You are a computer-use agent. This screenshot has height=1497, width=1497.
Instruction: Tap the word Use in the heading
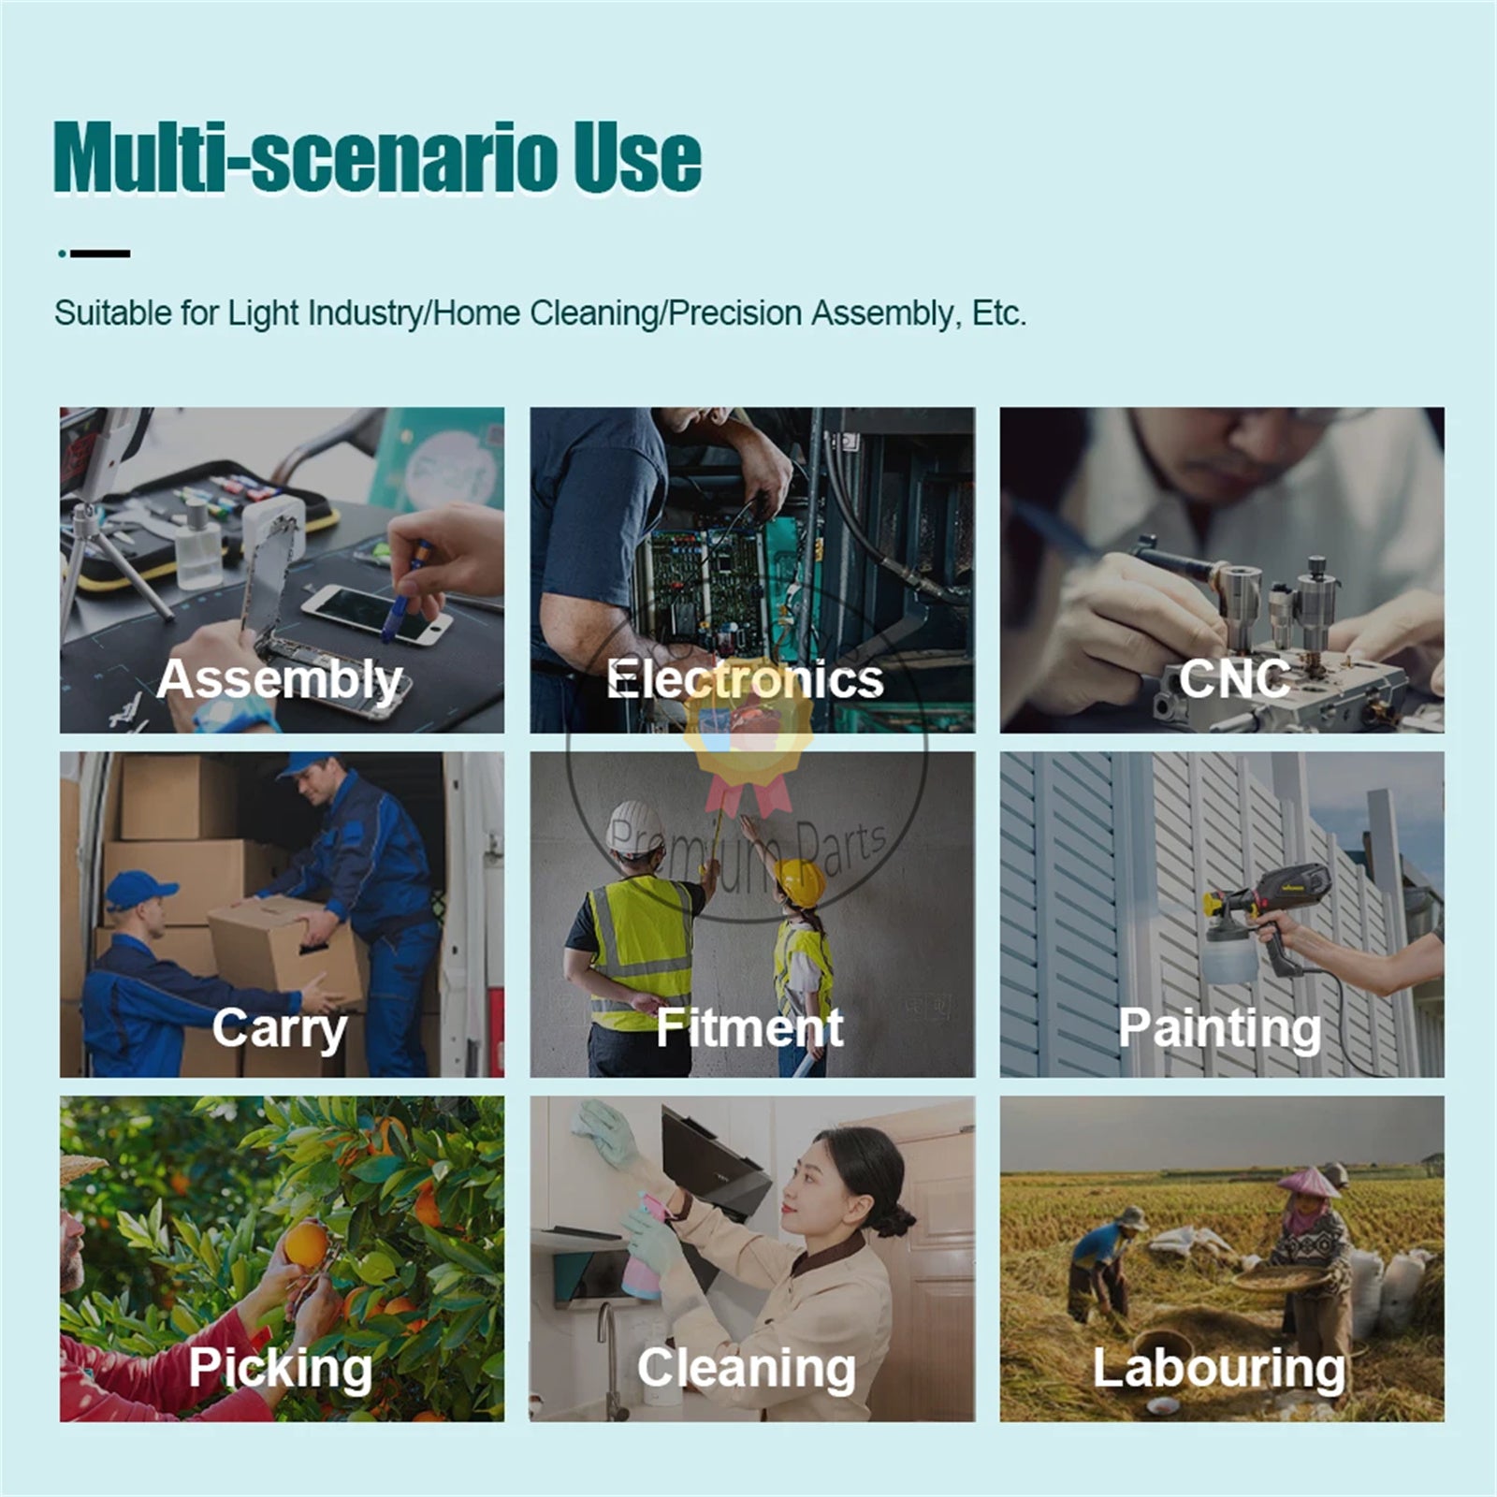(x=637, y=157)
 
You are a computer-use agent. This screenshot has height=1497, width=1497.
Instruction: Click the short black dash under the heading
(x=100, y=254)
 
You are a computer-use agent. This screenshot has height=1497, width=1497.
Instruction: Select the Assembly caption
(x=280, y=679)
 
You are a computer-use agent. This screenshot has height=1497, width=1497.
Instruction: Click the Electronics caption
(x=745, y=679)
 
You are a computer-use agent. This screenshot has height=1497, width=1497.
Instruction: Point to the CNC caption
(x=1234, y=679)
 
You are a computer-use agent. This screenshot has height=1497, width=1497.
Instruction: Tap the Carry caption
(x=279, y=1030)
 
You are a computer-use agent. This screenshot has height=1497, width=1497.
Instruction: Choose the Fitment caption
(x=749, y=1028)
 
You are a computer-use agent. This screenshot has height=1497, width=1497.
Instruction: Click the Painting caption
(x=1220, y=1030)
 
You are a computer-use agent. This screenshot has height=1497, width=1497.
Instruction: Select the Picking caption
(x=280, y=1370)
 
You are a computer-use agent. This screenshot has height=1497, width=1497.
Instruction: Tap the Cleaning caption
(x=747, y=1370)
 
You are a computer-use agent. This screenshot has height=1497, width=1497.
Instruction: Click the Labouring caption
(x=1219, y=1370)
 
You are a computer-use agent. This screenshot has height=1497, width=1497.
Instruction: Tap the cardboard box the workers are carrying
(x=285, y=950)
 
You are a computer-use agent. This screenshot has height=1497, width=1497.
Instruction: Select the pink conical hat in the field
(x=1308, y=1182)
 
